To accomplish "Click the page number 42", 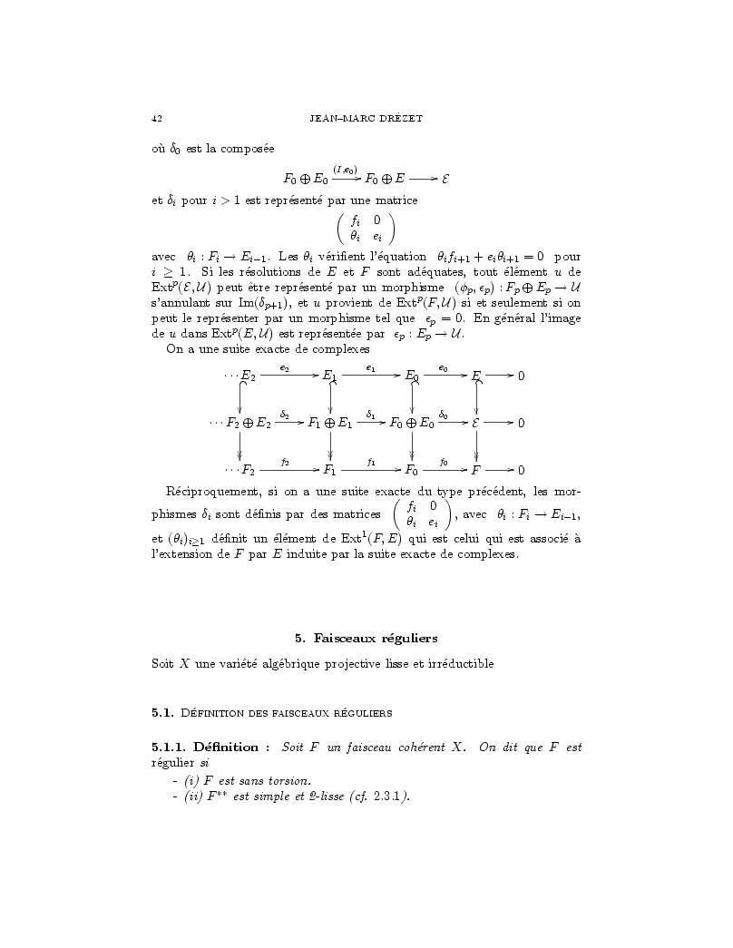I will coord(157,119).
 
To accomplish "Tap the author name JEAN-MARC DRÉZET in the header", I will coord(366,119).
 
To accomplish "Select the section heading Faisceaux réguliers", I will coord(379,639).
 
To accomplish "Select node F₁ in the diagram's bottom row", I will coord(330,470).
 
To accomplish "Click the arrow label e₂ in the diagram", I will coord(285,367).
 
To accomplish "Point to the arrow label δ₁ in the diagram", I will coord(371,415).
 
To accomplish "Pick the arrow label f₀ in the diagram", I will coord(444,462).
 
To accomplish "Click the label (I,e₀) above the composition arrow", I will coord(346,169).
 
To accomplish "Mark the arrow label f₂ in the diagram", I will coord(285,462).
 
